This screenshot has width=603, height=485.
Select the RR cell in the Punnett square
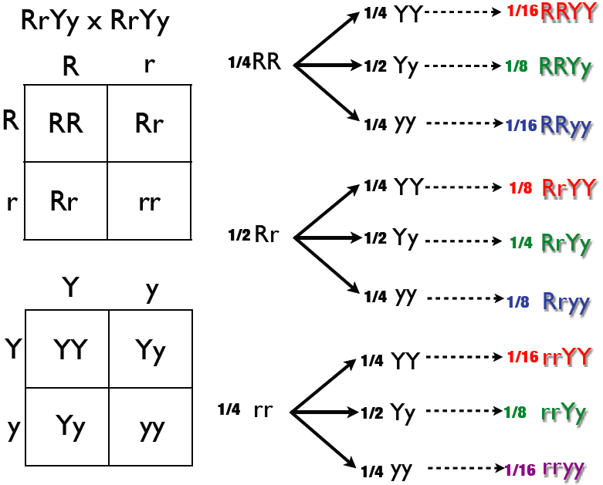coord(66,123)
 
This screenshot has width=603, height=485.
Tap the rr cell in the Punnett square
coord(149,201)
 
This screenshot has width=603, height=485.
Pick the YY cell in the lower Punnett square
coord(70,349)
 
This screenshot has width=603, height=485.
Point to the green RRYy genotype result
coord(566,66)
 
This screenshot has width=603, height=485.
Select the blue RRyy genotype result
coord(566,125)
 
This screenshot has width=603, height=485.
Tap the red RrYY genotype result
coord(569,187)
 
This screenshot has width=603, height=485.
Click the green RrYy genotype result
coord(567,244)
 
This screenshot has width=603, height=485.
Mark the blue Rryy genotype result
coord(567,301)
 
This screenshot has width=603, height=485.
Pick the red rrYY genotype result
coord(567,357)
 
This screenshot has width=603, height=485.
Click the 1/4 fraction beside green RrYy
coord(521,244)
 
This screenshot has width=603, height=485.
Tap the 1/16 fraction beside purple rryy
coord(520,469)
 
